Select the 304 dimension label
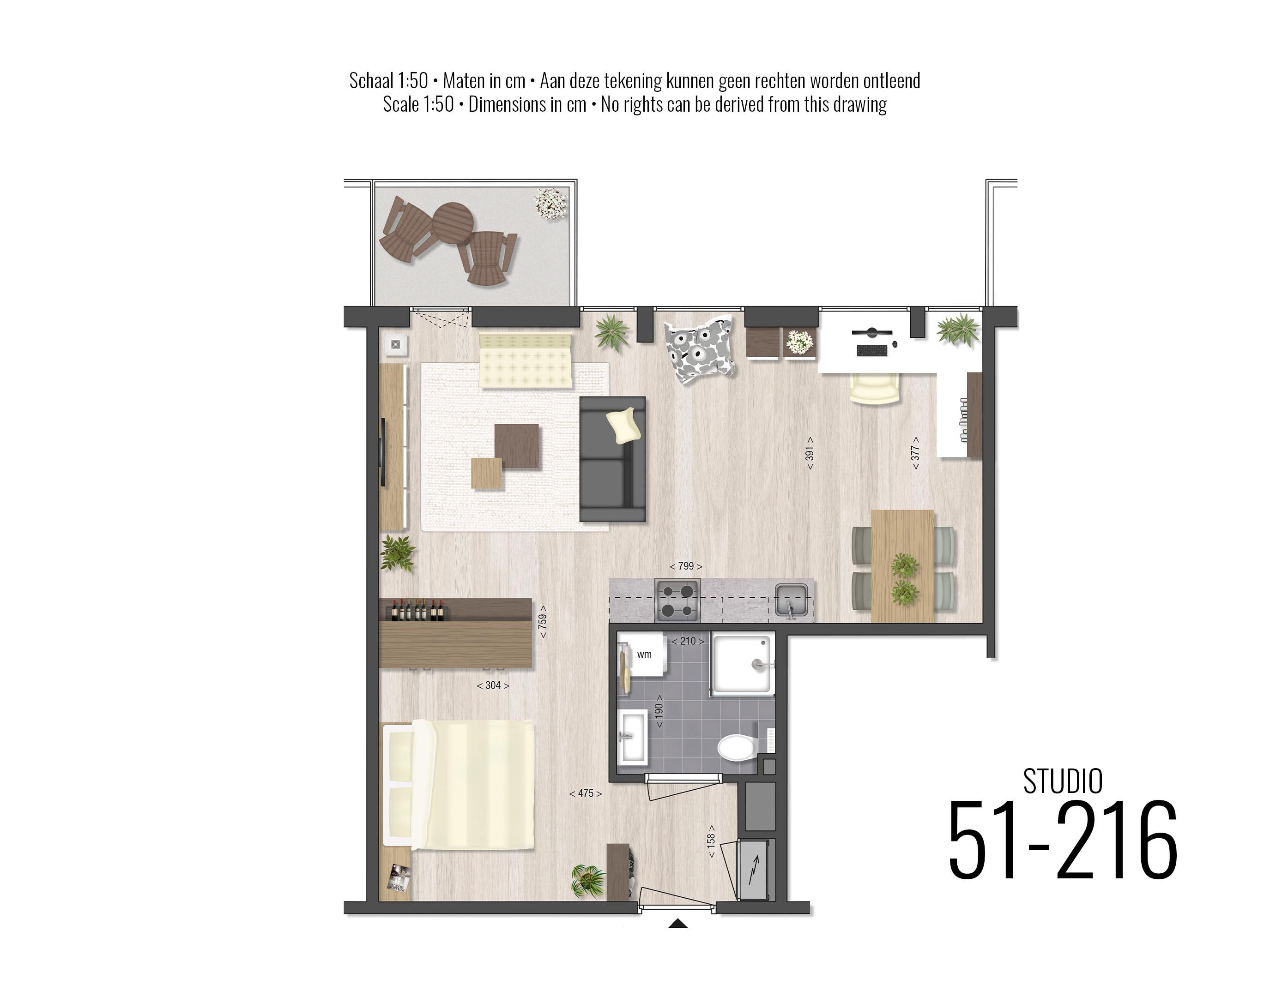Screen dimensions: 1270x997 pos(493,685)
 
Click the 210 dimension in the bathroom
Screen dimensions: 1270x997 pos(688,641)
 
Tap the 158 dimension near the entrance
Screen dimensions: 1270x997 pos(711,841)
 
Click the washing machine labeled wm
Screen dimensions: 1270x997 pos(643,655)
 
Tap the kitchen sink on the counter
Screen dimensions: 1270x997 pos(792,600)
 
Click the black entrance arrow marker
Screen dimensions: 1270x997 pos(677,924)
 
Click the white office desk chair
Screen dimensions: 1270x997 pos(874,388)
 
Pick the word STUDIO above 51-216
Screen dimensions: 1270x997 pos(1062,781)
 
